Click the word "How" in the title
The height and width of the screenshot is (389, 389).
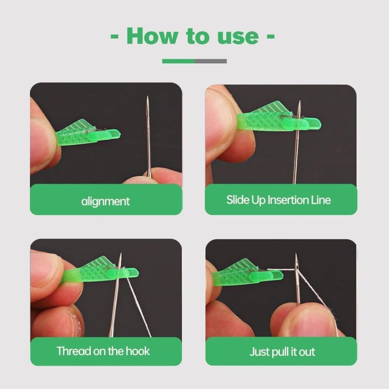[152, 36]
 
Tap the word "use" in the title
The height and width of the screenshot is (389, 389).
[238, 37]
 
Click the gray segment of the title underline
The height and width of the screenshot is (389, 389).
[211, 61]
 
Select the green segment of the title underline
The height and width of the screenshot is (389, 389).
[178, 61]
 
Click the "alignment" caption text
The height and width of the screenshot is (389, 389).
[106, 201]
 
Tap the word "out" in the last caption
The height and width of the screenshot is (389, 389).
[307, 352]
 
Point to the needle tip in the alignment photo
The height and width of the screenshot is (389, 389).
[148, 96]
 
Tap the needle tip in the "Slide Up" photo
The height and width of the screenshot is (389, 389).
[300, 101]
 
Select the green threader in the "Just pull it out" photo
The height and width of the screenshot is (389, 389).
[248, 273]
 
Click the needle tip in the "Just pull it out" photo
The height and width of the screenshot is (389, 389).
[296, 254]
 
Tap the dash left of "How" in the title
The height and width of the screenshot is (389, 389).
[114, 36]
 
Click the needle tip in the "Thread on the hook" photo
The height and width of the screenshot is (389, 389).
[121, 253]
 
